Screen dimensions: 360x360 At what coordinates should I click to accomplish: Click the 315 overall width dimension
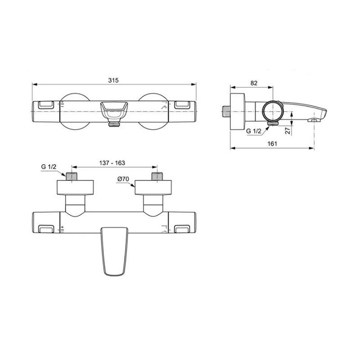(x=113, y=80)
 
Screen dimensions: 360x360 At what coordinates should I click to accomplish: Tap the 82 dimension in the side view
(x=254, y=83)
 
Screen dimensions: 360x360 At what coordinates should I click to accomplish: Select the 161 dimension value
(x=272, y=144)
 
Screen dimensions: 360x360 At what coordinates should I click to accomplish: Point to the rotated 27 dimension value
(x=288, y=130)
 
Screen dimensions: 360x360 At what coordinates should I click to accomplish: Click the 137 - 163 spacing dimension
(x=112, y=163)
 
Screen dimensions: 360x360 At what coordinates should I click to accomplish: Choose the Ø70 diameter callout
(x=123, y=179)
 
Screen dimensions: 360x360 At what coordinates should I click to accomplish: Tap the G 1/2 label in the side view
(x=254, y=131)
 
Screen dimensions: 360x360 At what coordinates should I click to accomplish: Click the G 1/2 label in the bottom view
(x=49, y=166)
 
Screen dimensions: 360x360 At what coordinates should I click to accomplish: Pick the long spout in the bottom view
(x=114, y=251)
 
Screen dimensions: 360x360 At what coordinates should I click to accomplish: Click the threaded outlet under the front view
(x=114, y=124)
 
